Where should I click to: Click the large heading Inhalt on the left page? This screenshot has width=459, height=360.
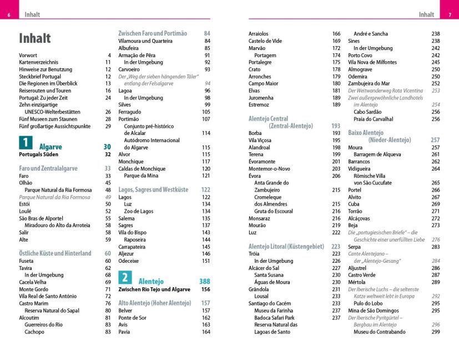pyautogui.click(x=35, y=38)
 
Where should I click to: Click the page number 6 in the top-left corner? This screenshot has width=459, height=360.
pyautogui.click(x=9, y=15)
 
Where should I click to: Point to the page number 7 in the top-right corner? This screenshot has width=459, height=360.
pyautogui.click(x=449, y=15)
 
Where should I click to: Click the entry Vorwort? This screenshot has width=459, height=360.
pyautogui.click(x=28, y=56)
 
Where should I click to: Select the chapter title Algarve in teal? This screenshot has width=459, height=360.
pyautogui.click(x=51, y=147)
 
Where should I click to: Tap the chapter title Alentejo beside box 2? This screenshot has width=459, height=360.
pyautogui.click(x=151, y=282)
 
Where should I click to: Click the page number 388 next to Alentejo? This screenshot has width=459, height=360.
pyautogui.click(x=204, y=282)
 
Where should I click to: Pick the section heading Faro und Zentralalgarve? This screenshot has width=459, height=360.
pyautogui.click(x=48, y=168)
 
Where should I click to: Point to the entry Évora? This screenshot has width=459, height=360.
pyautogui.click(x=255, y=176)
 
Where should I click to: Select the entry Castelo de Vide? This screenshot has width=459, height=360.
pyautogui.click(x=265, y=41)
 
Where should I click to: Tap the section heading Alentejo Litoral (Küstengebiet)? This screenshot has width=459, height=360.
pyautogui.click(x=287, y=246)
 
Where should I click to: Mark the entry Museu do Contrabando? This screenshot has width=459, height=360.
pyautogui.click(x=379, y=332)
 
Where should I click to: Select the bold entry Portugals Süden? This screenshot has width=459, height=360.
pyautogui.click(x=38, y=154)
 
